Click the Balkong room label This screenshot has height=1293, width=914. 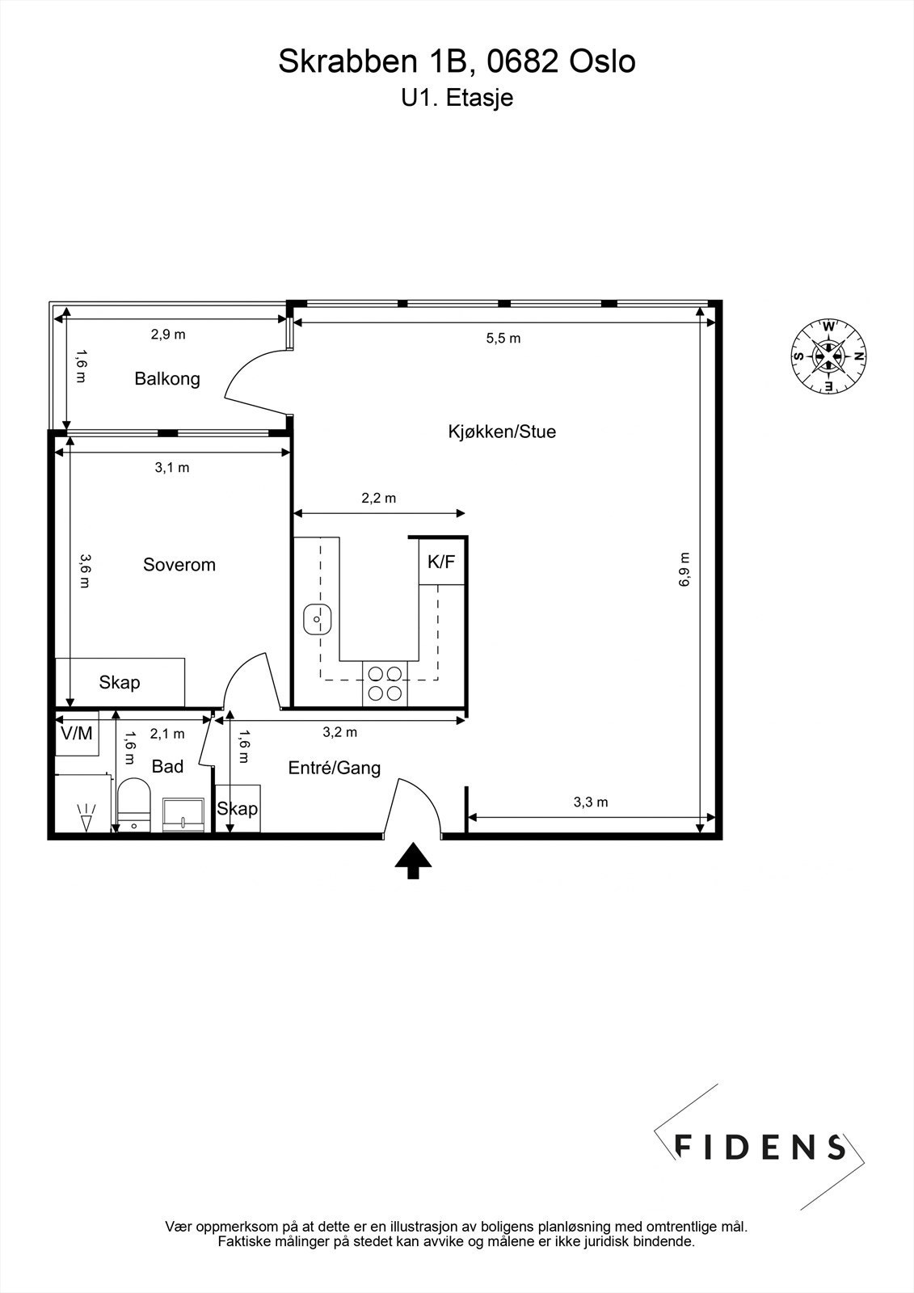167,378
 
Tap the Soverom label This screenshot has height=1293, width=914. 179,564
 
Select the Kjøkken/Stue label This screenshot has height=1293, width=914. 502,432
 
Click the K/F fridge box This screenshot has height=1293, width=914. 441,562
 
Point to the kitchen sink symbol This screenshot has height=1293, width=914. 318,621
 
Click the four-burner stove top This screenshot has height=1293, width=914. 385,682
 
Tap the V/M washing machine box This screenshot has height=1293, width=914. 77,733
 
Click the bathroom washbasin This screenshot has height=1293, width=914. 184,815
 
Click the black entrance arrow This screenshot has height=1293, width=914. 413,860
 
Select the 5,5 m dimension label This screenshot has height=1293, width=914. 503,339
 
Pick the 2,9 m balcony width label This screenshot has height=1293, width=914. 168,335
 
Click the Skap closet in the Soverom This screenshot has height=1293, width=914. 120,682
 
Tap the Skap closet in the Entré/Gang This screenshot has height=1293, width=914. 237,808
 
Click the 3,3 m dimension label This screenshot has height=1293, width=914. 591,802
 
